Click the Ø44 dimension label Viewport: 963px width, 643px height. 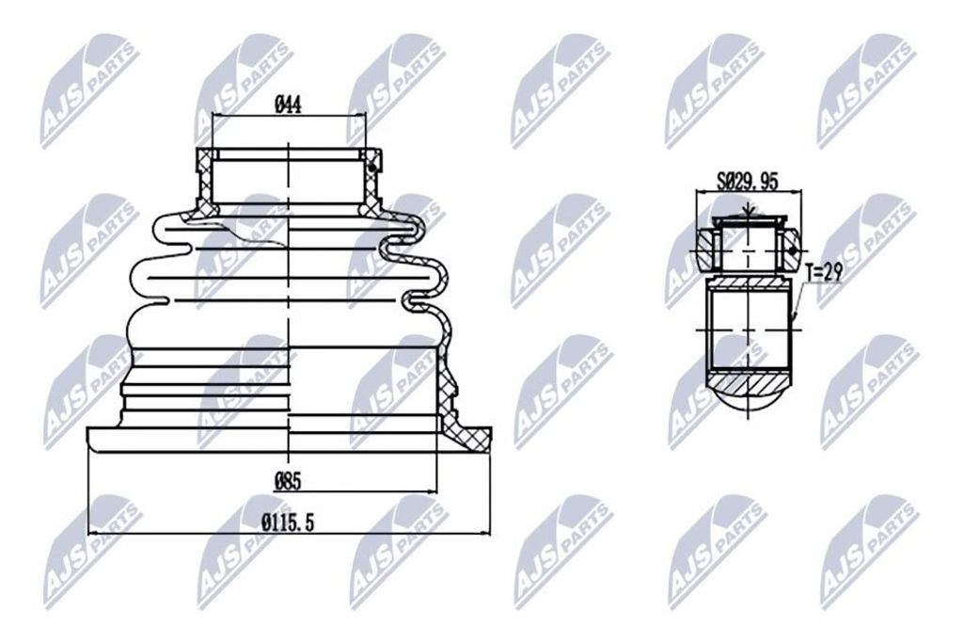pos(288,105)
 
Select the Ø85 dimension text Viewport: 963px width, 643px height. pos(288,481)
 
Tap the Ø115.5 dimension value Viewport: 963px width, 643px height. pos(288,523)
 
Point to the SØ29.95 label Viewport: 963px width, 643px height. pos(748,182)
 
